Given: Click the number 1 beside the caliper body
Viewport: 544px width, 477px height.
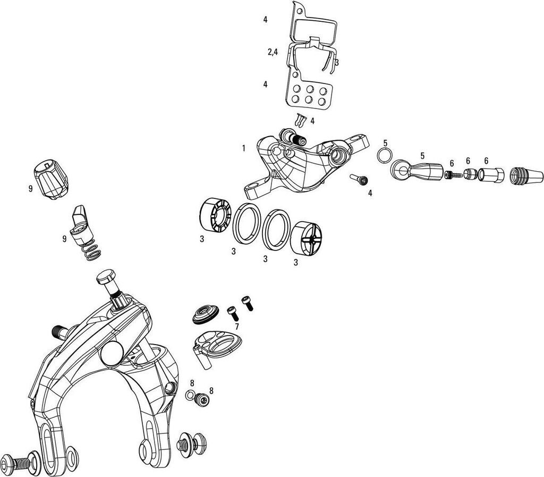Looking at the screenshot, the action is click(243, 148).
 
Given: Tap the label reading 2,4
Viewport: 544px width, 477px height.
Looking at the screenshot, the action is click(273, 52).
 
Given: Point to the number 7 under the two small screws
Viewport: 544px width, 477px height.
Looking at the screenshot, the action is click(236, 327).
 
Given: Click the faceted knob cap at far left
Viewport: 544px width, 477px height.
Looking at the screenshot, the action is click(52, 180).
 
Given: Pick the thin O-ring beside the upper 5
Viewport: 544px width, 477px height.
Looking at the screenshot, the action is click(384, 155).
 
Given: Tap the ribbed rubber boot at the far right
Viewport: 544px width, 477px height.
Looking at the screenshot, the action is click(525, 175).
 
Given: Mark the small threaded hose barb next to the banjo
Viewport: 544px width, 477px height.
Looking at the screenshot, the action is click(453, 174).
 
